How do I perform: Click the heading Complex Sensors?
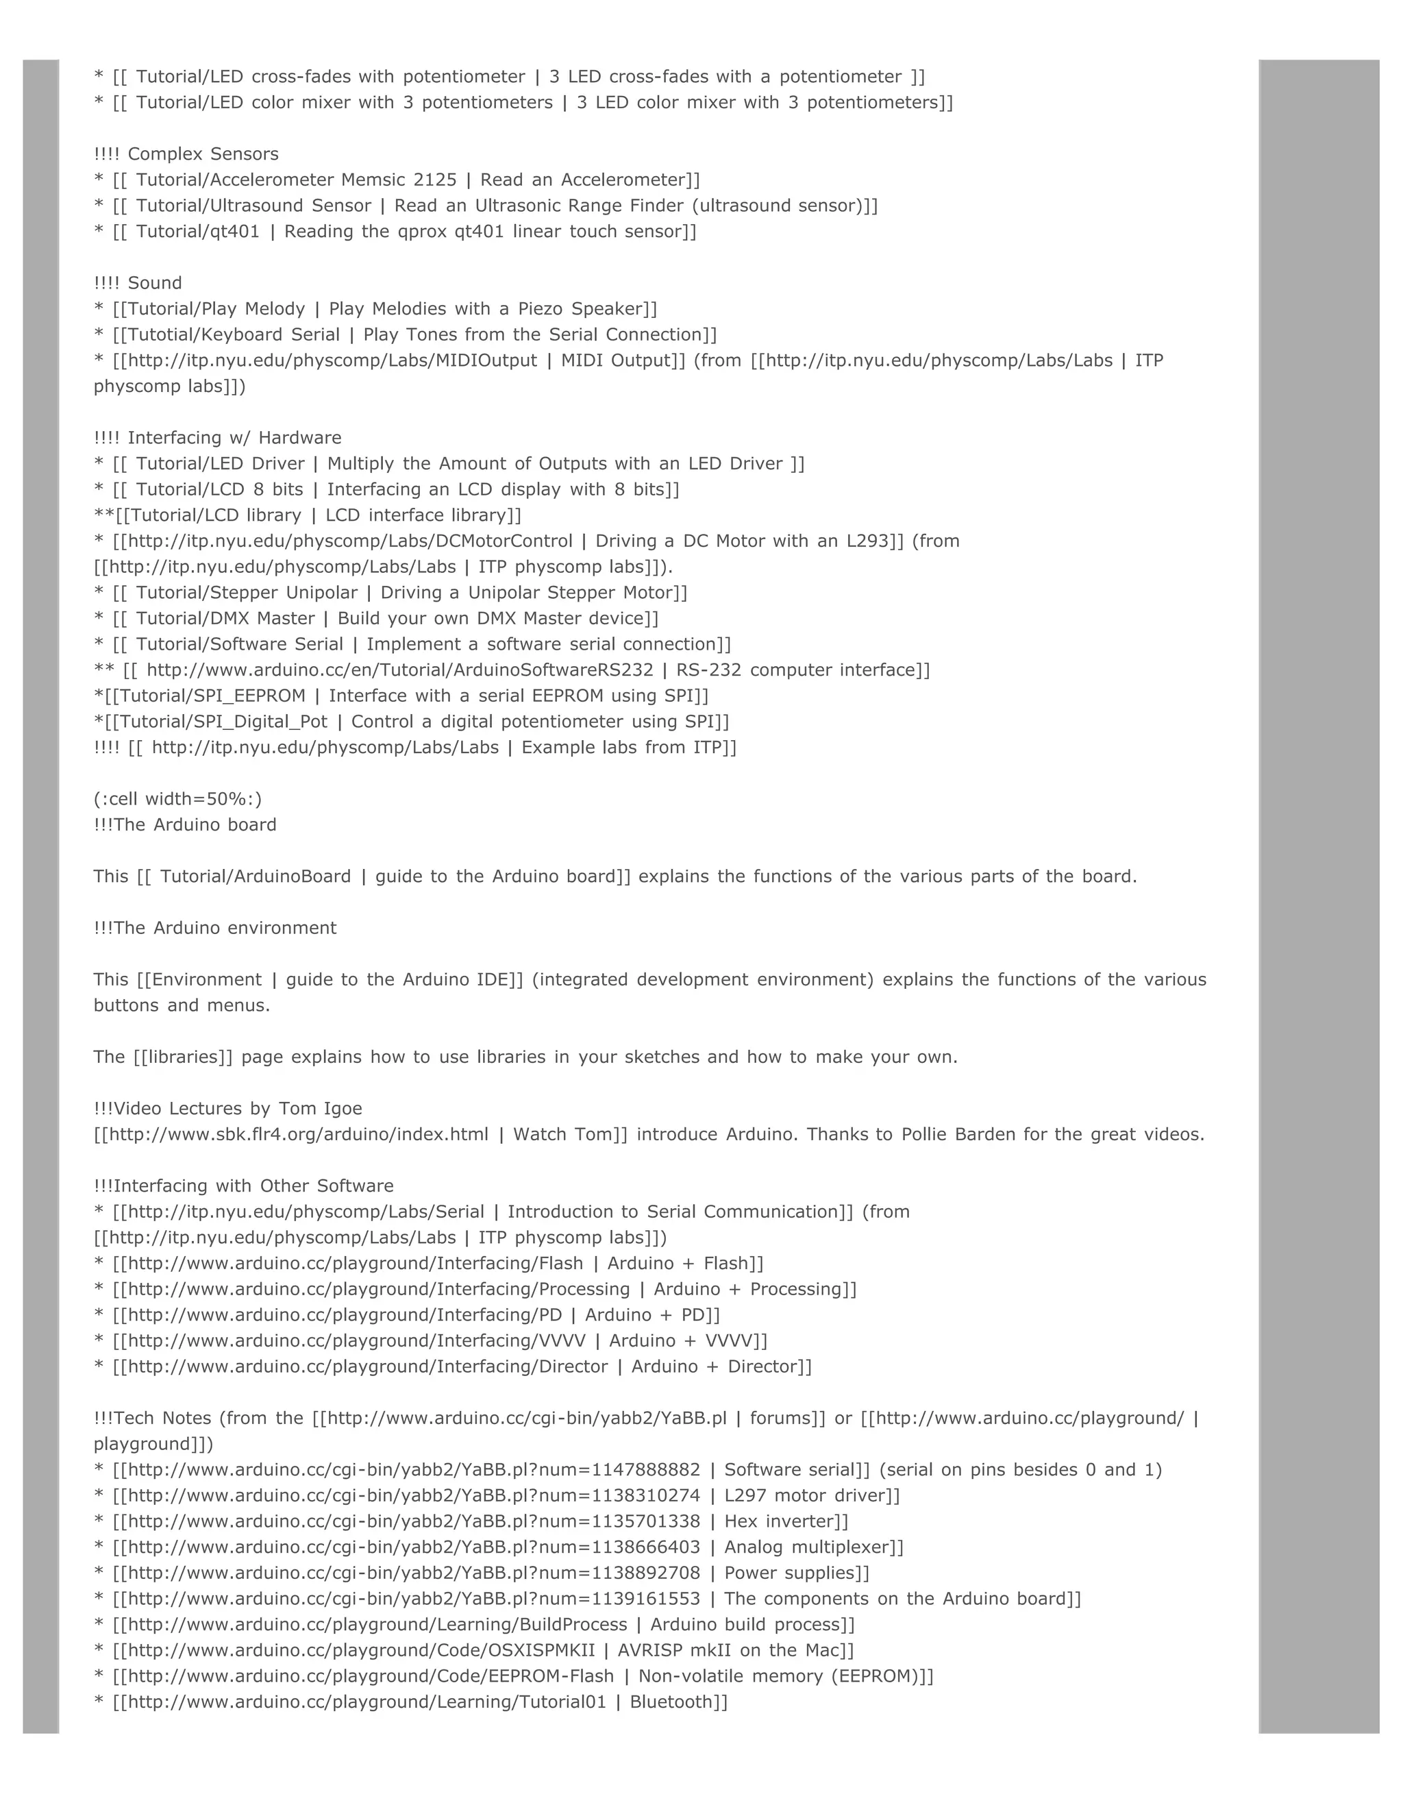pos(203,154)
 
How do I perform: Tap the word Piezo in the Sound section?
pos(541,308)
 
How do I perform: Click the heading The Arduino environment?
pos(225,927)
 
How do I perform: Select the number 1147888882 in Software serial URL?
pos(646,1469)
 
